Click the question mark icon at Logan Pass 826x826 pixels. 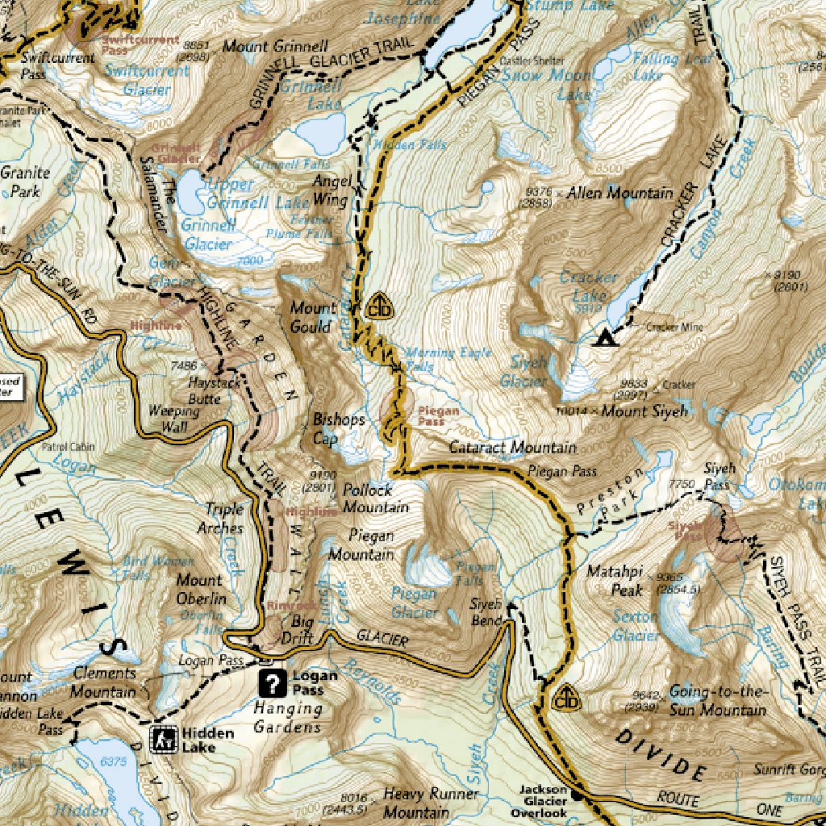[274, 684]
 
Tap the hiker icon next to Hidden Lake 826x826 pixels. [164, 739]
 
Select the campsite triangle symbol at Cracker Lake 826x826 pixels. [602, 338]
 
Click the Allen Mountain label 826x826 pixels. [619, 194]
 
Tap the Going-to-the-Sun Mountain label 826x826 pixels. [717, 701]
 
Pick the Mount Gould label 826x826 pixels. [312, 317]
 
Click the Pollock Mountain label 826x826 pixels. [374, 499]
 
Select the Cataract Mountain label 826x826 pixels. [512, 447]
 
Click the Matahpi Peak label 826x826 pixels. [615, 581]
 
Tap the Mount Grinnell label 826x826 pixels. [275, 46]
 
